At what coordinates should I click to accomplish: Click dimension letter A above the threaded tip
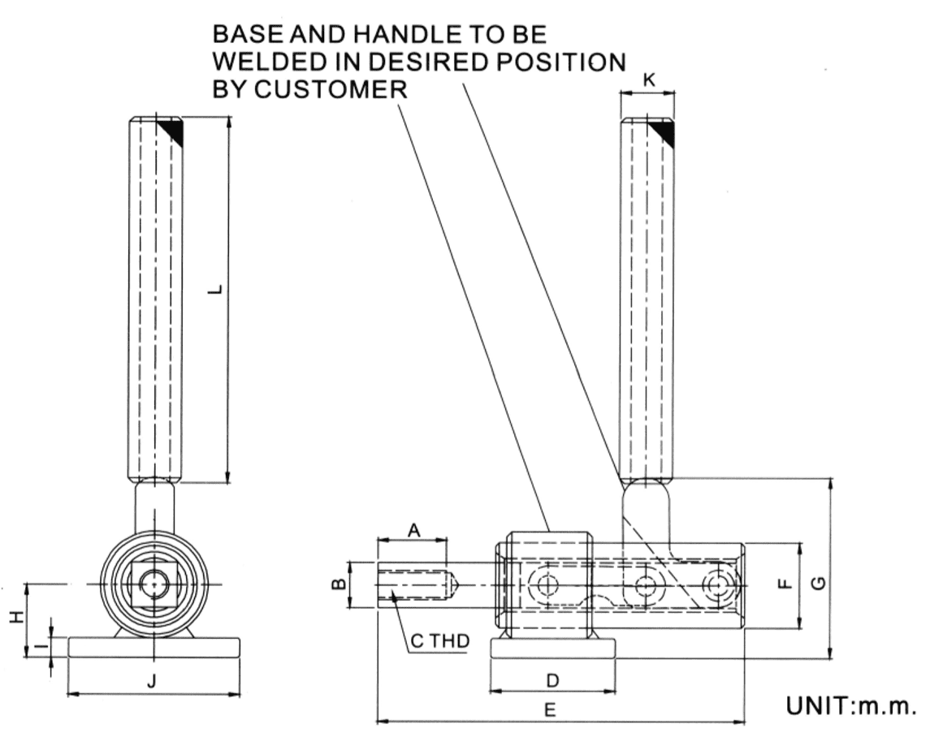(413, 530)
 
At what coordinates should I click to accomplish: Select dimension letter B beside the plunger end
(341, 583)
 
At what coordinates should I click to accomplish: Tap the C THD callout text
(439, 641)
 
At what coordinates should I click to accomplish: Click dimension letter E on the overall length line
(550, 710)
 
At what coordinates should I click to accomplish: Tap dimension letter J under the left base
(151, 682)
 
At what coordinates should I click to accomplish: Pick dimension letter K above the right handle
(647, 80)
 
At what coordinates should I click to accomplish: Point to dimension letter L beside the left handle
(213, 289)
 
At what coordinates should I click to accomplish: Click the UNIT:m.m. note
(850, 704)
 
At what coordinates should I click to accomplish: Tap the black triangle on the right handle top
(665, 132)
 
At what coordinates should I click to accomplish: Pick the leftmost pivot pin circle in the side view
(543, 584)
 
